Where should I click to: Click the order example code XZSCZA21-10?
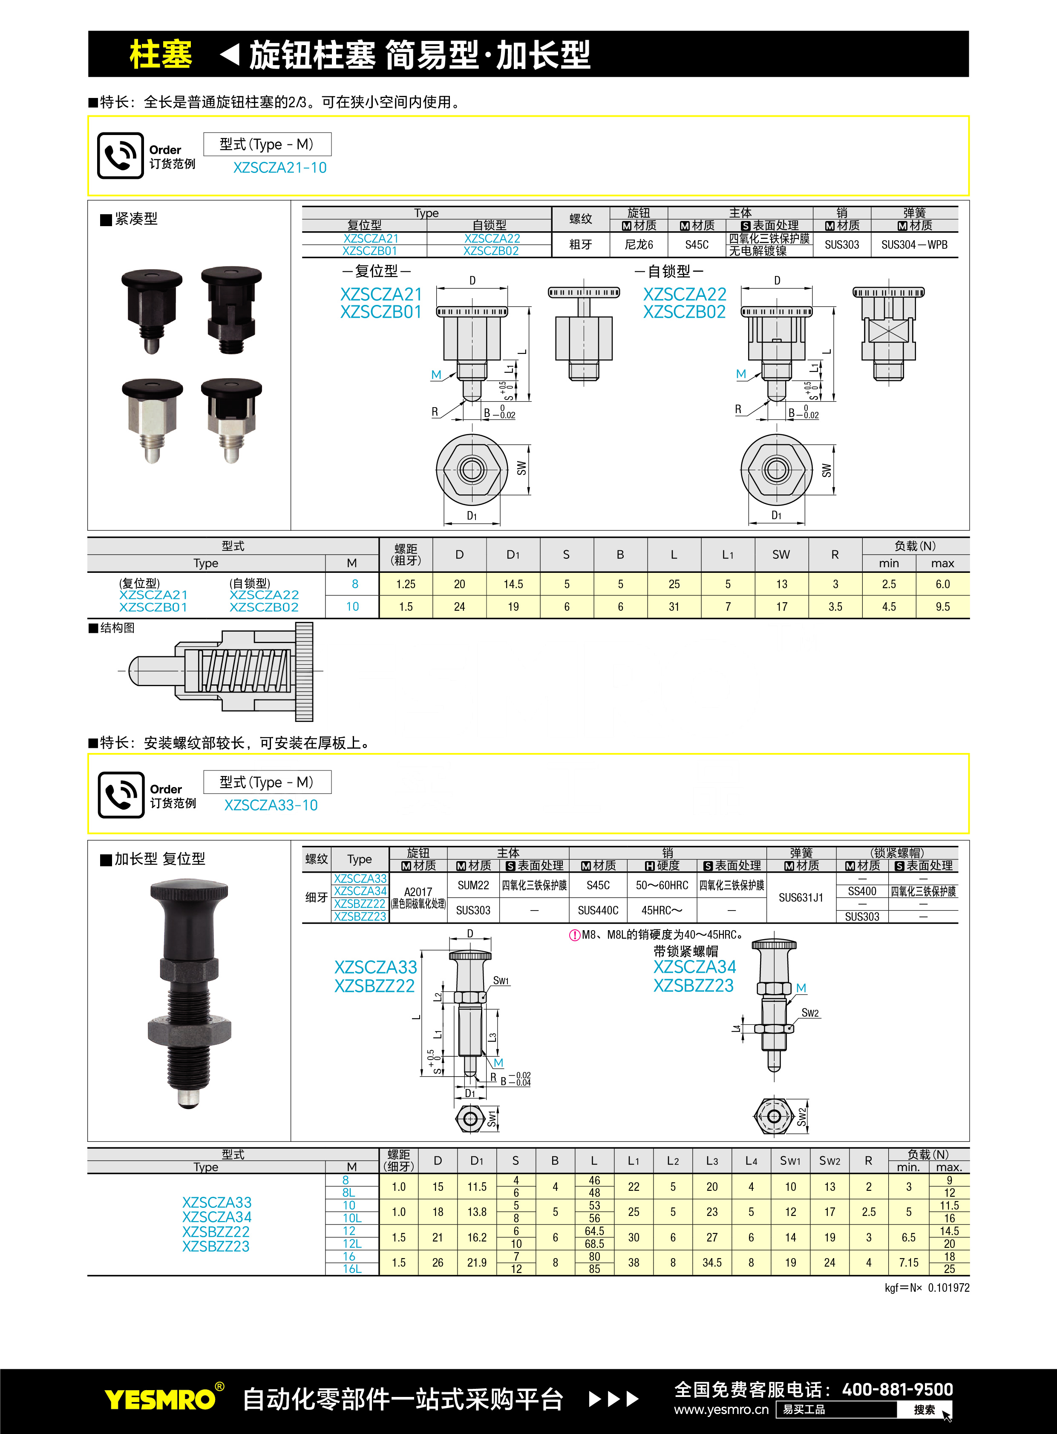pos(279,167)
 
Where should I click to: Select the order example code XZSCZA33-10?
pos(271,805)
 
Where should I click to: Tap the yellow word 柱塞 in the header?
pos(161,55)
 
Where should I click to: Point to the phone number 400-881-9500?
pos(897,1389)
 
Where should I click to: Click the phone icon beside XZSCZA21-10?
pos(120,155)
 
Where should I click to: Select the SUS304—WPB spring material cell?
pos(914,244)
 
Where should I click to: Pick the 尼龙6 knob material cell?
pos(639,244)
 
